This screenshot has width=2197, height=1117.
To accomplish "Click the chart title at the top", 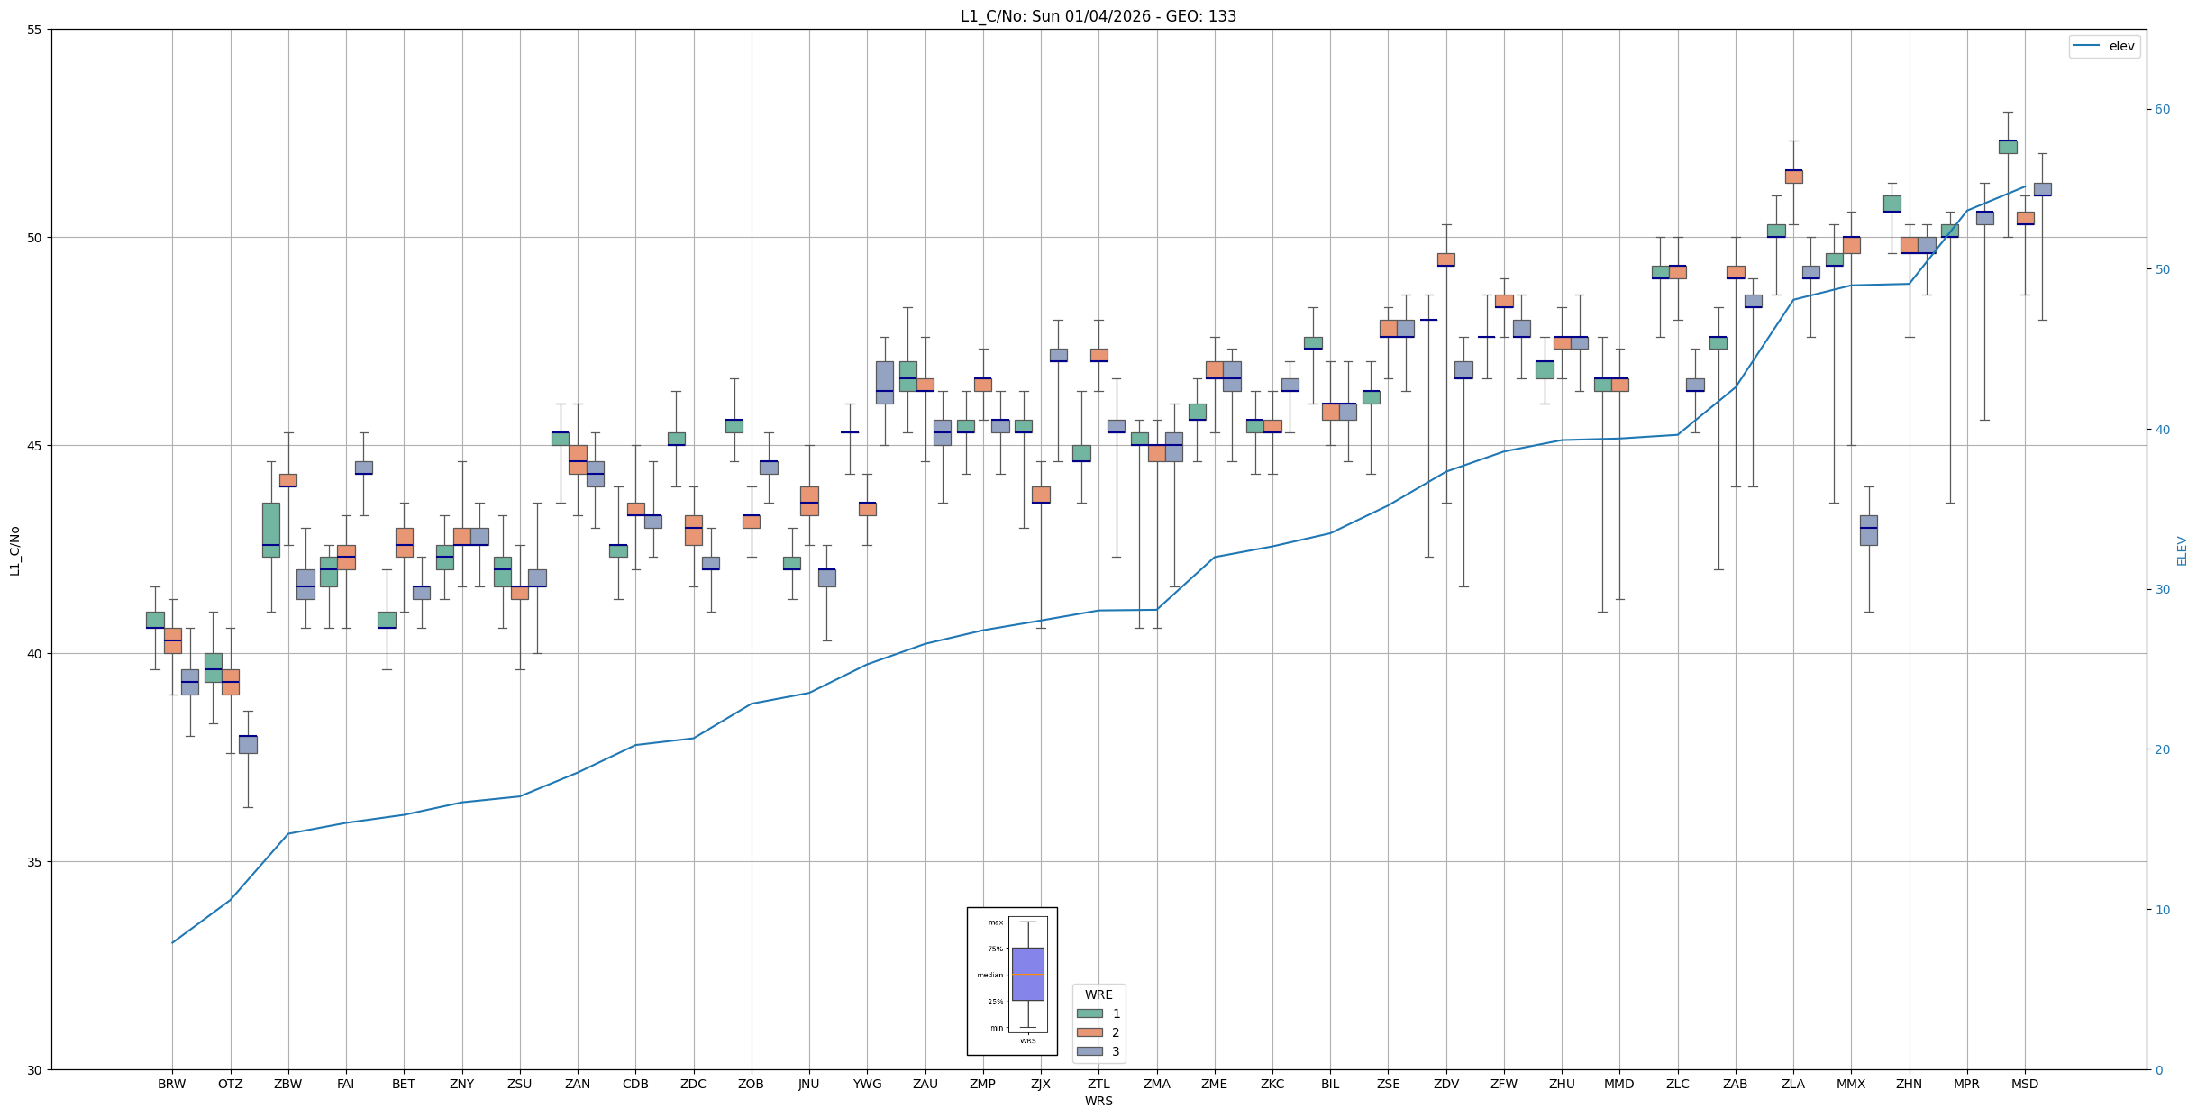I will (x=1098, y=16).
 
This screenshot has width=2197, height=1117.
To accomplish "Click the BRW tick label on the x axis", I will (x=171, y=1084).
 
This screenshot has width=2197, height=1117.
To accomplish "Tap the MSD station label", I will (x=2024, y=1084).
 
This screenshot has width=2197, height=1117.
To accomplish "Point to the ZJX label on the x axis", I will (x=1040, y=1084).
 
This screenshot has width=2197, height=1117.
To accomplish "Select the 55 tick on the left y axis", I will (x=35, y=30).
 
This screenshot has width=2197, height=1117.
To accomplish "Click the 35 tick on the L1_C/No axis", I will (x=35, y=862).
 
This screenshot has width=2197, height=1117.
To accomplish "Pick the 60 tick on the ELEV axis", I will (x=2162, y=110).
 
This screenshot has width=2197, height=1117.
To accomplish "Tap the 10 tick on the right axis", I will (x=2162, y=910).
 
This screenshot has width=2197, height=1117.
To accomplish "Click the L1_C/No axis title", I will (x=14, y=550).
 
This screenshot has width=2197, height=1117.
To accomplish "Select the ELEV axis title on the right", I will (x=2182, y=550).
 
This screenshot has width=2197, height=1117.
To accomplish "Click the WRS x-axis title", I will (x=1098, y=1101).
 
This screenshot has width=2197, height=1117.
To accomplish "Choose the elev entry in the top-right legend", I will (x=2103, y=46).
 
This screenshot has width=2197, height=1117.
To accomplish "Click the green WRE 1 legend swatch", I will (x=1089, y=1013).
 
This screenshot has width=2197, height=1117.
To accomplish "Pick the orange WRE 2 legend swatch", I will (x=1089, y=1032).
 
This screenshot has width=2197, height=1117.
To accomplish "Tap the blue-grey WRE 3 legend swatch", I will (x=1089, y=1051).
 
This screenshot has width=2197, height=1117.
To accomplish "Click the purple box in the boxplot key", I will (x=1027, y=974).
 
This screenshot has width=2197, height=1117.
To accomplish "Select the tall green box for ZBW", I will (x=270, y=530).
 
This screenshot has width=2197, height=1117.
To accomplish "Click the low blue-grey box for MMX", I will (x=1868, y=531).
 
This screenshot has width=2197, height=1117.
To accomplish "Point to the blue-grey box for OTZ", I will (x=248, y=744).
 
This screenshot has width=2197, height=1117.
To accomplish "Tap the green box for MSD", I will (x=2007, y=147).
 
